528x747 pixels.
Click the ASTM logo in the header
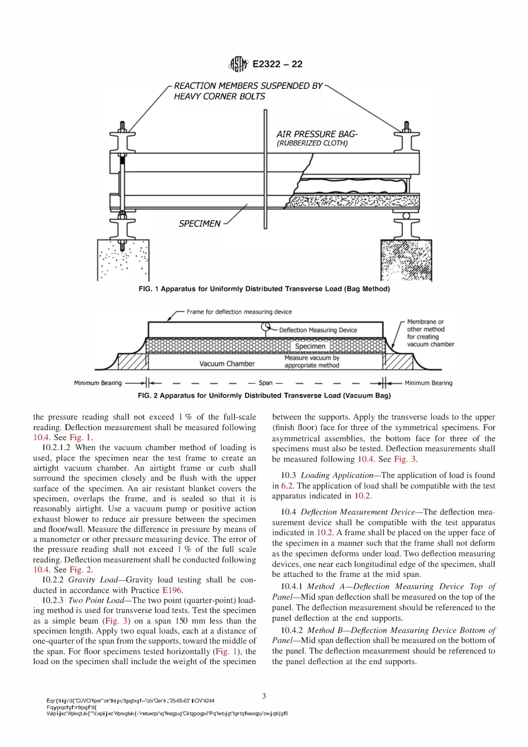point(238,64)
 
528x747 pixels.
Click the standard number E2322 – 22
point(277,64)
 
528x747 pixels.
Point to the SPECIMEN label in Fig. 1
point(200,223)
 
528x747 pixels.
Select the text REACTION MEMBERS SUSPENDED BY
point(248,86)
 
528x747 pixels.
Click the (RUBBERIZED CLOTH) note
point(312,143)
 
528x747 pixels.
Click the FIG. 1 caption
point(264,289)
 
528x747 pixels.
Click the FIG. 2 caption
point(264,396)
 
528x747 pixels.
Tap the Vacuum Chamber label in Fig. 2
point(227,363)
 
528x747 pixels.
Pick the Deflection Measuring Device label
point(318,330)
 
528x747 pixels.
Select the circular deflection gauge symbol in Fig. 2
point(266,327)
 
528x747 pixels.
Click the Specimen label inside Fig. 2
point(310,346)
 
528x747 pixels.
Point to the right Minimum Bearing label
point(428,383)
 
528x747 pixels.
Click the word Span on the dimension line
point(266,383)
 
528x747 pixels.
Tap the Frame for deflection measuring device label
point(239,312)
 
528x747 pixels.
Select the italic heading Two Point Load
point(98,600)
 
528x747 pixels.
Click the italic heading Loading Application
point(337,475)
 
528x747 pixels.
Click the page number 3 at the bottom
point(264,696)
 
